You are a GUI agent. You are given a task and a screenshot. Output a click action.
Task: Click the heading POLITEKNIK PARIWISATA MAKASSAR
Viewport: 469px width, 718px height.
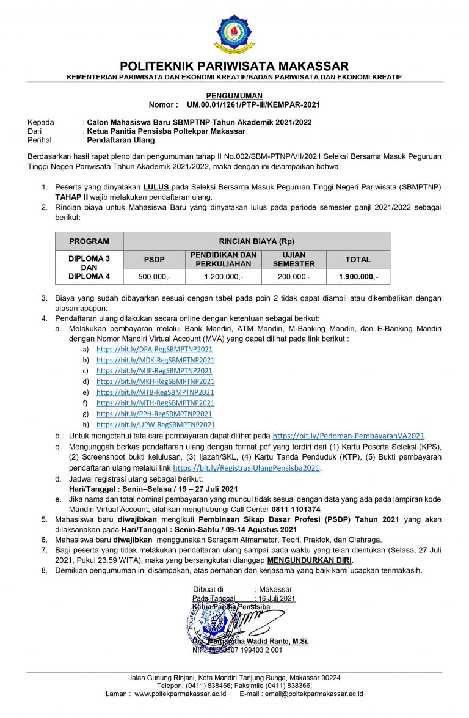[x=234, y=66]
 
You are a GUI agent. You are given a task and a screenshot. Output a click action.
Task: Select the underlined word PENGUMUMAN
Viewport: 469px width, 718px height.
[x=234, y=96]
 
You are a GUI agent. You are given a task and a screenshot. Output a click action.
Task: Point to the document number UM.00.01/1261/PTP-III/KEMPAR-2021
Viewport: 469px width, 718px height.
[x=253, y=104]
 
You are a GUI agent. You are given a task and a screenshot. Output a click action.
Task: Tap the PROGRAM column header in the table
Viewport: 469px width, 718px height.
[x=89, y=241]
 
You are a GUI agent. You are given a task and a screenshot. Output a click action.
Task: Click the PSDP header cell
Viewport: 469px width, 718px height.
[x=154, y=260]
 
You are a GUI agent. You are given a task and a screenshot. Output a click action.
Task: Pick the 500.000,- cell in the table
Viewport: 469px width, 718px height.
[x=154, y=277]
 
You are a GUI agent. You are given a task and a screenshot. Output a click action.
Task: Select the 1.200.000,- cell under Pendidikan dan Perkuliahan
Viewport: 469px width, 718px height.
[x=223, y=277]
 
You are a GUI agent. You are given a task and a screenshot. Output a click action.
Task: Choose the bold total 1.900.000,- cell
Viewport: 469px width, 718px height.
[x=358, y=277]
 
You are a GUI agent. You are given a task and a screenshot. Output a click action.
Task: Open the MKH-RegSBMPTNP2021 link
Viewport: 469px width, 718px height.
[x=156, y=381]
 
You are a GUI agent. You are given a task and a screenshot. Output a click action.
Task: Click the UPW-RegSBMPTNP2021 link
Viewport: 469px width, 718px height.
[x=156, y=425]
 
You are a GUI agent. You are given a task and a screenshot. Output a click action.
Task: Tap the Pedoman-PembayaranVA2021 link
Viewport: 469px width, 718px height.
[x=348, y=436]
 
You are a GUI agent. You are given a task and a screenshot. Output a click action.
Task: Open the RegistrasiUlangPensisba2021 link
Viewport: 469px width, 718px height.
[x=247, y=468]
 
